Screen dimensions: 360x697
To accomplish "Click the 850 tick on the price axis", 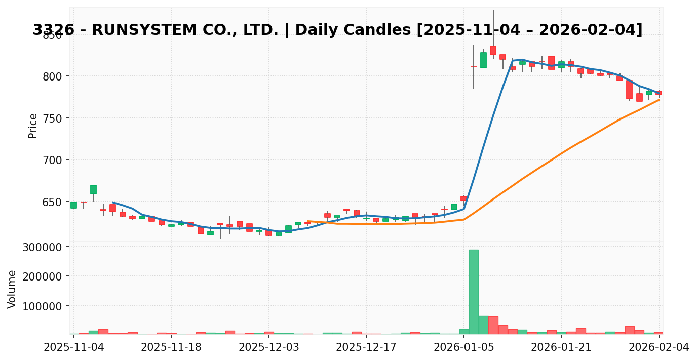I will [x=52, y=35].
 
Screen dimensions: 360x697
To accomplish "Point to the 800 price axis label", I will [x=52, y=76].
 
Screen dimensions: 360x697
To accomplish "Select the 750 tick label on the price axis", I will [x=52, y=118].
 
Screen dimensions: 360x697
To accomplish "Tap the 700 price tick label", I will [x=52, y=160].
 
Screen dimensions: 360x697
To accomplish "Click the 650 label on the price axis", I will [x=52, y=202].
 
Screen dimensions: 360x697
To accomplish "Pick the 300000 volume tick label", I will [x=42, y=247].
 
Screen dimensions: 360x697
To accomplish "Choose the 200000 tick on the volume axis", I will [x=42, y=276].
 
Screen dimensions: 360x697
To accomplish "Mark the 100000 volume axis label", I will [x=42, y=306].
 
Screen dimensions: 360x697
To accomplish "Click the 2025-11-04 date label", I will [x=74, y=347].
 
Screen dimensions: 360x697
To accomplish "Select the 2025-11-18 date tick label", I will [x=171, y=347].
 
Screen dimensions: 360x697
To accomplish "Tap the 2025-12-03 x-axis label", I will [x=269, y=347].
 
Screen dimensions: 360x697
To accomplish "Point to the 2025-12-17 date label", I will [x=366, y=347].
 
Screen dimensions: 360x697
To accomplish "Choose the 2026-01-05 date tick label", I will [x=464, y=347].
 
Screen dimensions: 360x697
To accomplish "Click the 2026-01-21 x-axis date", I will [x=561, y=347].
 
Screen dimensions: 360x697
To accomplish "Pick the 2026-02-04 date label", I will [x=659, y=347].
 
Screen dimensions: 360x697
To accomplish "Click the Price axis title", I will [x=33, y=126].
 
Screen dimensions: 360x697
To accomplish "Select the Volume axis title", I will [x=12, y=289].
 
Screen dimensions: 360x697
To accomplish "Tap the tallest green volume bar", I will [x=474, y=292].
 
